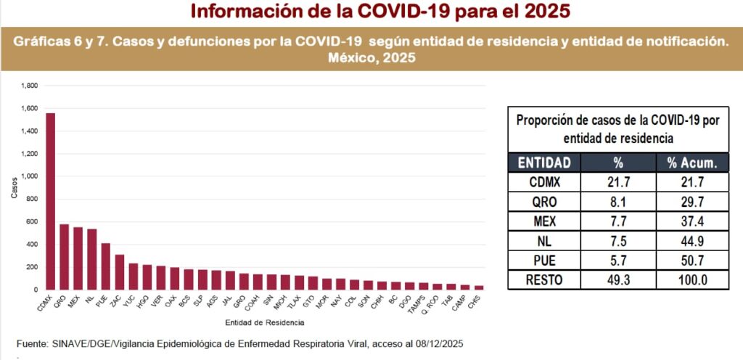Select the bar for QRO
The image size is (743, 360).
coord(64,257)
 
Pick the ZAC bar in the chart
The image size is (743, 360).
coord(119,272)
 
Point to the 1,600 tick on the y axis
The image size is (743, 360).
coord(29,109)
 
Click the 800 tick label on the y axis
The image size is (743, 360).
coord(31,200)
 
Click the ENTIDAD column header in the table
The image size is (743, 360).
coord(544,162)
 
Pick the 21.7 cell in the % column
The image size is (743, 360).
coord(618,181)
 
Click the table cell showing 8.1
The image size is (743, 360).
coord(618,201)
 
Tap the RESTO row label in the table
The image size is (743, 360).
coord(544,279)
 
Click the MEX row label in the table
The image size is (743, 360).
coord(544,221)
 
